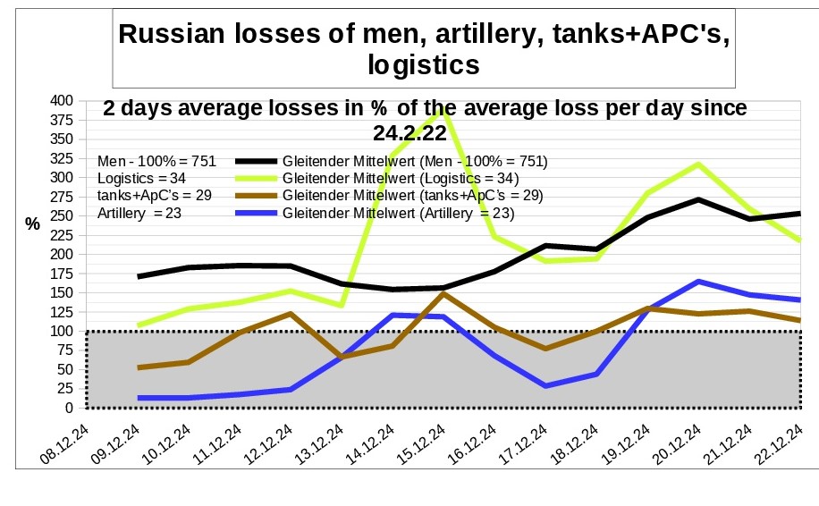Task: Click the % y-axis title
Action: click(x=33, y=224)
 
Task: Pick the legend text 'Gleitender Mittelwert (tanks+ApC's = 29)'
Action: click(x=412, y=196)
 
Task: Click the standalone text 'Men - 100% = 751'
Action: click(x=157, y=162)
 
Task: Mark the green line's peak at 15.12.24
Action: click(x=443, y=109)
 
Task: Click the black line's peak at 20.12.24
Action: click(x=697, y=199)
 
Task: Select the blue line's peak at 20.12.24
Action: click(x=697, y=282)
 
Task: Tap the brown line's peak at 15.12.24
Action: click(x=443, y=293)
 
